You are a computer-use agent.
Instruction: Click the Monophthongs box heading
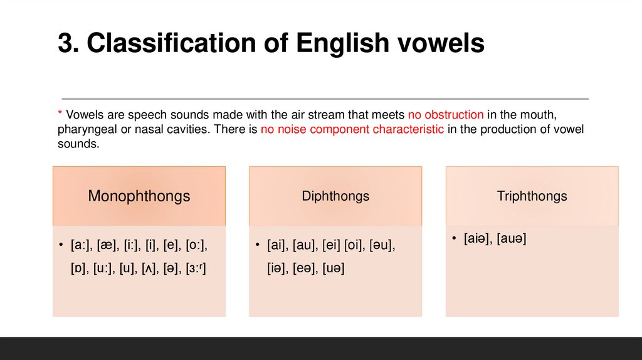point(139,196)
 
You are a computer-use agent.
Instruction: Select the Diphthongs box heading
point(335,196)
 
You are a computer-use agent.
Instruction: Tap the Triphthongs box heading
point(532,196)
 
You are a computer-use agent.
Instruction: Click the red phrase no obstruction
point(446,115)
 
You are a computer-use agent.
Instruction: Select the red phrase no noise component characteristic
point(352,129)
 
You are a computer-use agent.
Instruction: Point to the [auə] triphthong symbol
point(511,238)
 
